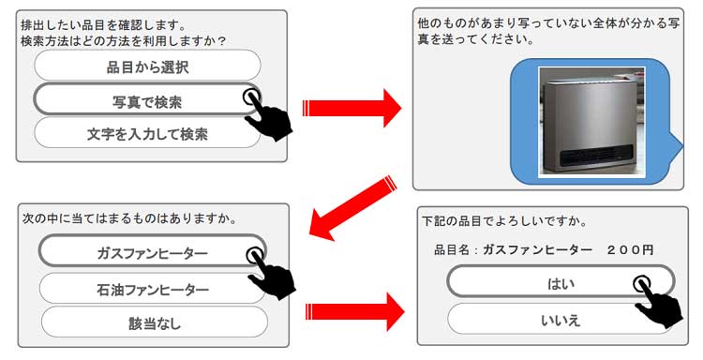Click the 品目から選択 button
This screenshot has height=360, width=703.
[146, 67]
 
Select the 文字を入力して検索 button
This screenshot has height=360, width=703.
[146, 133]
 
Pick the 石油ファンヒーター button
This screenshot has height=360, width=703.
[153, 290]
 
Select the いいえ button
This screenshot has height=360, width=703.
[561, 319]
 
